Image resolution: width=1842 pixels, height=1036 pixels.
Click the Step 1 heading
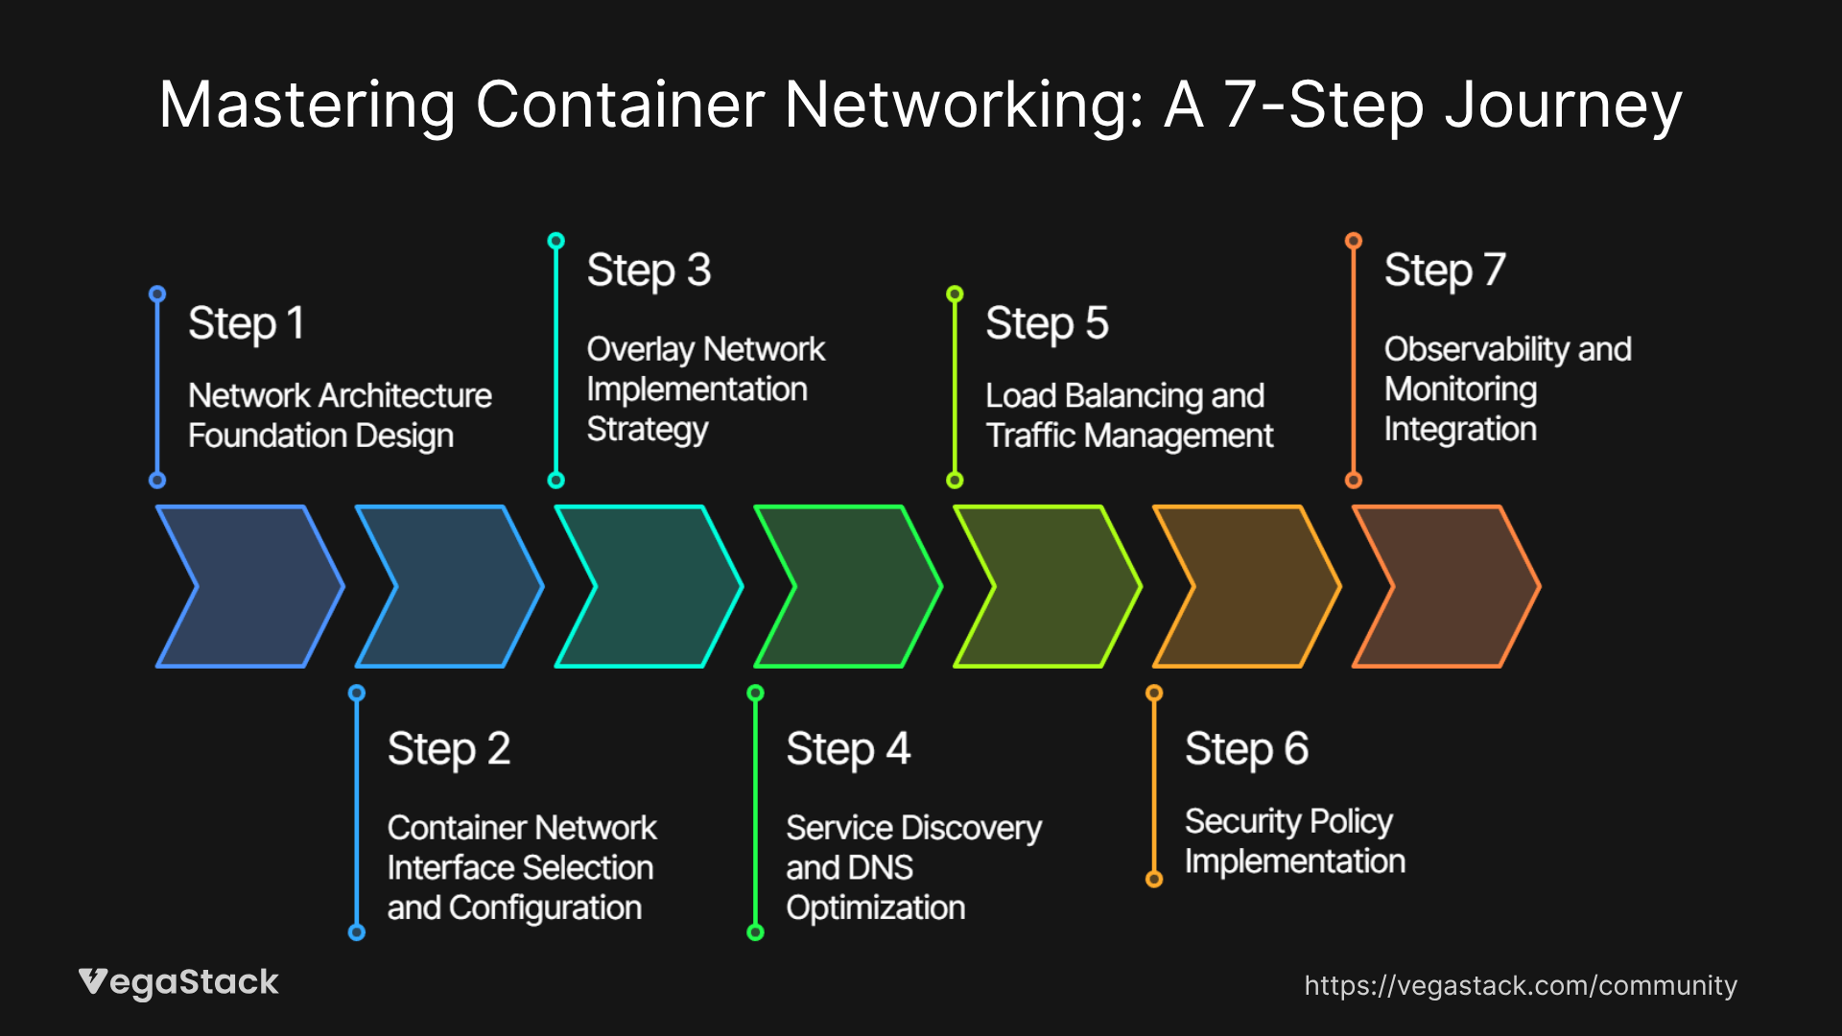246,323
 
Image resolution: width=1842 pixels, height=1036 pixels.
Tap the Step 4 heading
847,749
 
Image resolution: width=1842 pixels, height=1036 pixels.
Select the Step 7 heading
1444,271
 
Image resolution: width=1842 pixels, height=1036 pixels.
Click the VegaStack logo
178,982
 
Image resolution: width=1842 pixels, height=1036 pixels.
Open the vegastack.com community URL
1520,985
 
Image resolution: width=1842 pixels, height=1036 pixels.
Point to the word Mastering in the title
307,105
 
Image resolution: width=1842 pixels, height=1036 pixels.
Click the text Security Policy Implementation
1293,841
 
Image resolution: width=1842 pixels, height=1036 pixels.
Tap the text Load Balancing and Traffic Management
1128,415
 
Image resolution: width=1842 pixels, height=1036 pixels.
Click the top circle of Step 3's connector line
555,241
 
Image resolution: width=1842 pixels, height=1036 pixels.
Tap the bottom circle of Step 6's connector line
1154,879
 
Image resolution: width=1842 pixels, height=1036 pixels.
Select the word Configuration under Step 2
545,908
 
